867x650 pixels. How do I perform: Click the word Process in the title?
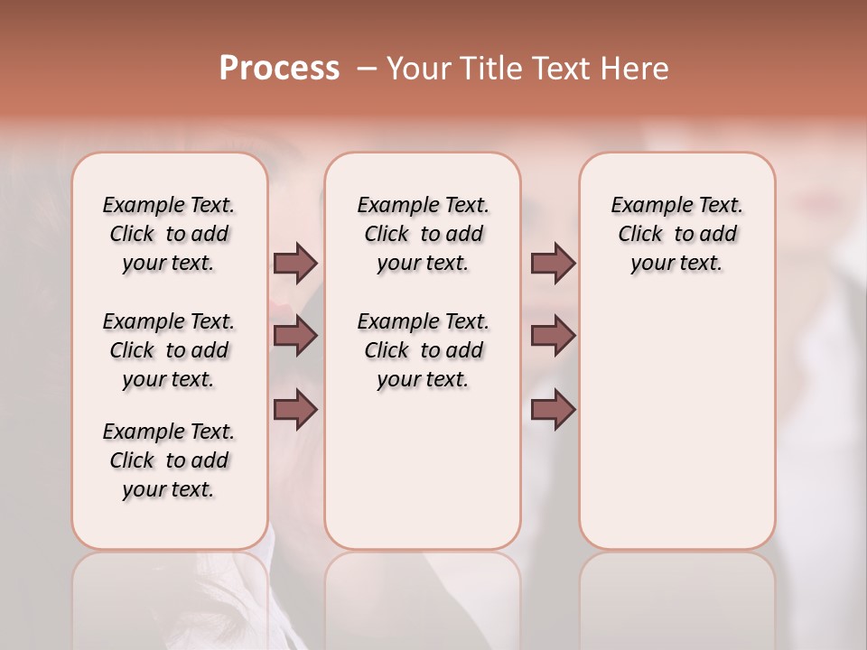[x=279, y=69]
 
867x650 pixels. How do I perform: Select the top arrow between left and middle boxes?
[x=295, y=263]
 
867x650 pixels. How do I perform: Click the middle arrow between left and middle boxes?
[x=295, y=336]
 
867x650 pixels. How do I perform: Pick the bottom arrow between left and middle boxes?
[x=295, y=410]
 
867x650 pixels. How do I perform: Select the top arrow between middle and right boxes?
[x=553, y=263]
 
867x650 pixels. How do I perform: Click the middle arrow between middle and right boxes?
[x=553, y=336]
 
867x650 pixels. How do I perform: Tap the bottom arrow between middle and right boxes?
[x=553, y=410]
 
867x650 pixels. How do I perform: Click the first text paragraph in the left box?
[x=169, y=234]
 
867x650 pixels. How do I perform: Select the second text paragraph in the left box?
[x=169, y=350]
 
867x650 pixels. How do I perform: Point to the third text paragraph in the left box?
[x=169, y=460]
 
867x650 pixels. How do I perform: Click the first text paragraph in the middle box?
[x=423, y=234]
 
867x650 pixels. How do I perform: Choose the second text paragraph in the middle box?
[x=423, y=350]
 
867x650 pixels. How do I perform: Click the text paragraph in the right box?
[x=676, y=234]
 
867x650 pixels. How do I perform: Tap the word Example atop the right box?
[x=645, y=206]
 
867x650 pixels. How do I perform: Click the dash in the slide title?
[x=367, y=69]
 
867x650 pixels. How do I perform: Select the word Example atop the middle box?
[x=391, y=206]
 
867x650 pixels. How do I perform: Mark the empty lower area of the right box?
[x=676, y=424]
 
